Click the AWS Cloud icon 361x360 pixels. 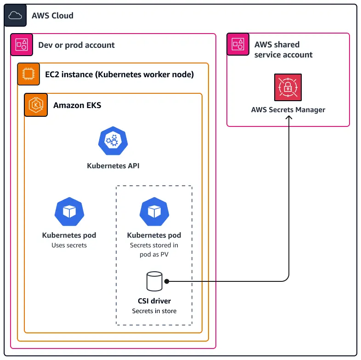click(x=15, y=16)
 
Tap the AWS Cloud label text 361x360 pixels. click(x=52, y=16)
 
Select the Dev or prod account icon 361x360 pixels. click(x=22, y=45)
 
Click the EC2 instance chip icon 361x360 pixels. click(x=28, y=74)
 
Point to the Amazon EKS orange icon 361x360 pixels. click(x=35, y=105)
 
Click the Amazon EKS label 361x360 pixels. click(x=77, y=105)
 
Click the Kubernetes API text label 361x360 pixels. click(x=113, y=166)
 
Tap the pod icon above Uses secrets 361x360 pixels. click(x=69, y=211)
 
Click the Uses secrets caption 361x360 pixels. click(x=69, y=246)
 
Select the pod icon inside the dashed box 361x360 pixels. click(x=154, y=211)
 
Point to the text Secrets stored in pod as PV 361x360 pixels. click(x=154, y=250)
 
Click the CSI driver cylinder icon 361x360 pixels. click(x=154, y=281)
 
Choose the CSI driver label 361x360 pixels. click(x=154, y=301)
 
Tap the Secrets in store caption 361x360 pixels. click(x=154, y=311)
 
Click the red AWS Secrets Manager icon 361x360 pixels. click(x=288, y=87)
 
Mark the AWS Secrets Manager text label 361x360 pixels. click(x=288, y=110)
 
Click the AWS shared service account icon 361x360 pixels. click(x=238, y=44)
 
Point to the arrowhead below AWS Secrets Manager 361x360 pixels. click(x=288, y=118)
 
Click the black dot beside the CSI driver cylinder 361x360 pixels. click(x=167, y=281)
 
